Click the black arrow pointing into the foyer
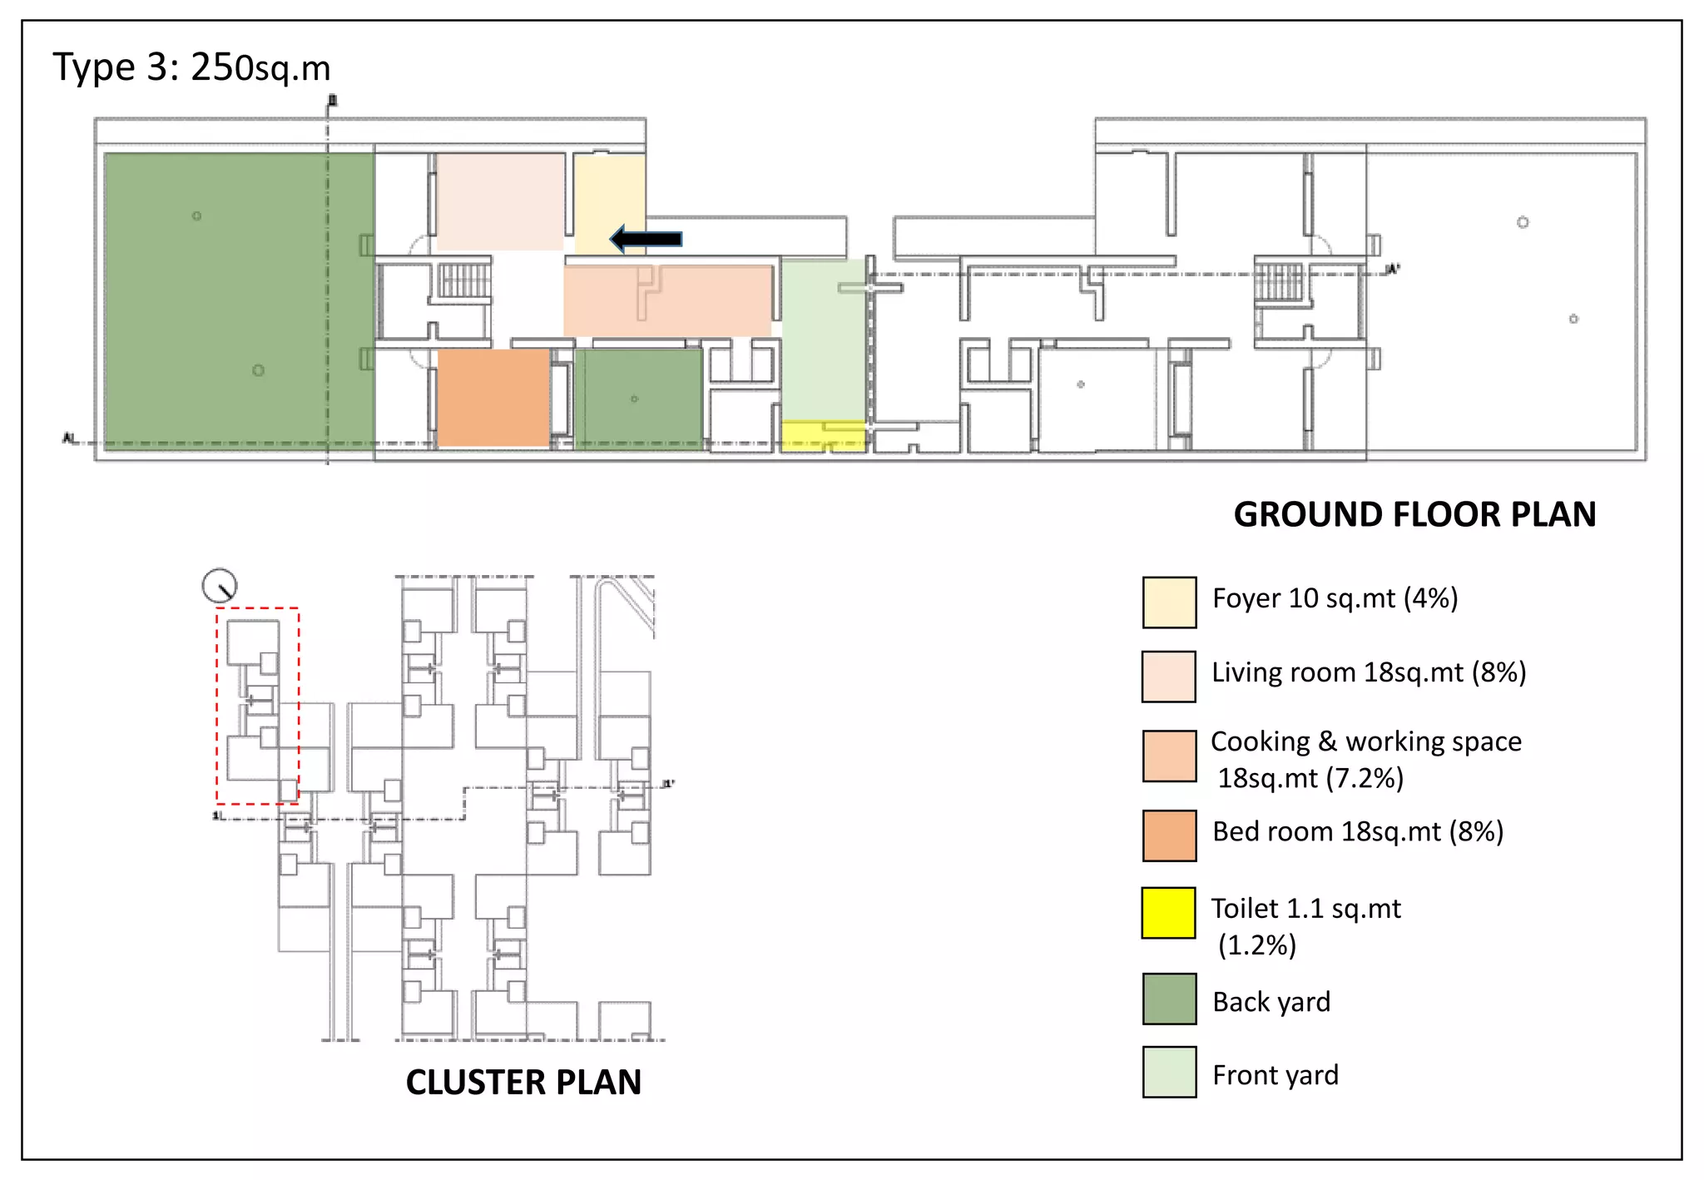click(x=646, y=240)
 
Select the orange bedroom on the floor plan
click(x=493, y=398)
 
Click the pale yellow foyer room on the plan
click(x=610, y=200)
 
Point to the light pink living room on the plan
click(x=499, y=201)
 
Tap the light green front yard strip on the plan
click(x=823, y=341)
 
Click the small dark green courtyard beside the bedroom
click(x=638, y=399)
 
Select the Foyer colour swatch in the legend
click(x=1169, y=602)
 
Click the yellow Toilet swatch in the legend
click(x=1169, y=913)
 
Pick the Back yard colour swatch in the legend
click(x=1169, y=999)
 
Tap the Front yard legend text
click(x=1275, y=1075)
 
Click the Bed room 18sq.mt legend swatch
click(x=1169, y=835)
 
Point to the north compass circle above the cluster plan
click(x=220, y=586)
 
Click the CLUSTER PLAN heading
click(x=523, y=1082)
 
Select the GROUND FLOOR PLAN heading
click(x=1414, y=514)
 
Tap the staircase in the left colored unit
click(x=464, y=281)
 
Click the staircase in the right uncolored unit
click(x=1279, y=281)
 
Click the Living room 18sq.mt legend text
click(x=1368, y=672)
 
